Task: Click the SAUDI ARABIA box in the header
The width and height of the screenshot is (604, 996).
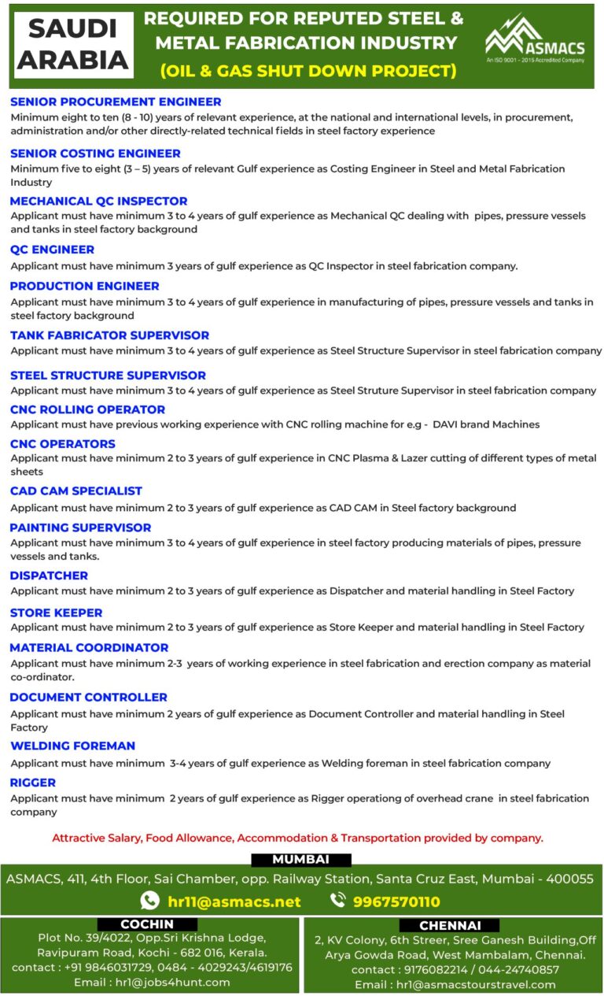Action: tap(72, 45)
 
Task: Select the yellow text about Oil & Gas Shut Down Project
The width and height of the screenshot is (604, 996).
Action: tap(308, 71)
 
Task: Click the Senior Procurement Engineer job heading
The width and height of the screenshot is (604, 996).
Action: tap(116, 102)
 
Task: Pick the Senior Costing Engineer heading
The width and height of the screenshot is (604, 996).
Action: tap(95, 154)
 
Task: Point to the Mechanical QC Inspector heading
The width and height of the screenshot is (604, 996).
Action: tap(98, 202)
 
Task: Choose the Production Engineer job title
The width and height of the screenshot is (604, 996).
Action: tap(85, 286)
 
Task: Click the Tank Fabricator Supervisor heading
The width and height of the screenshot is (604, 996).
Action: tap(109, 335)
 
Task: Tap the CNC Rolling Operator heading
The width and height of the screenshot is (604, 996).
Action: tap(87, 409)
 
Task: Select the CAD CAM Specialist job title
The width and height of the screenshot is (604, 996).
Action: tap(76, 491)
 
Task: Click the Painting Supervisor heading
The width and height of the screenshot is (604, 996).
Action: tap(80, 528)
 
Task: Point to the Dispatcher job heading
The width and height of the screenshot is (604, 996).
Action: tap(49, 576)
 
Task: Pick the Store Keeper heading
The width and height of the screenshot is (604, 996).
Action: tap(56, 613)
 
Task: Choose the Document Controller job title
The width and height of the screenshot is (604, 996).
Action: tap(88, 698)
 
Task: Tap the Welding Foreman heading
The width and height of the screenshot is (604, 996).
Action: tap(72, 746)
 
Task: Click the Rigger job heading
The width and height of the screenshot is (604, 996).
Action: tap(33, 783)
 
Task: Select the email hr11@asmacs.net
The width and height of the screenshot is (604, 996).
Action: tap(234, 902)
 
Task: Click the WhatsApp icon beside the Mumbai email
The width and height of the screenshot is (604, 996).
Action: tap(149, 901)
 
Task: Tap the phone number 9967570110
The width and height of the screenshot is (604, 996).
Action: tap(396, 902)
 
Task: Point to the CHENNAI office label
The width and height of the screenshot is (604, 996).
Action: tap(450, 926)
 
